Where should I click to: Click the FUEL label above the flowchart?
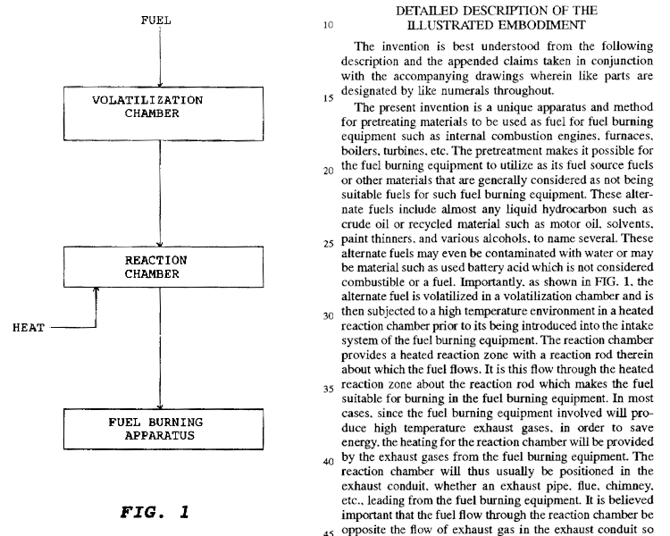(x=157, y=18)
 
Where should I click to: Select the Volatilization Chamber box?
(x=157, y=106)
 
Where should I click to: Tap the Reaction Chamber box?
(x=157, y=266)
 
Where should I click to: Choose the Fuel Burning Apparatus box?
(x=157, y=429)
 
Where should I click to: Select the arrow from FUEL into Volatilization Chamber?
(x=157, y=58)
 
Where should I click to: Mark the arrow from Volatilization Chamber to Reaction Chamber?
(x=157, y=188)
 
